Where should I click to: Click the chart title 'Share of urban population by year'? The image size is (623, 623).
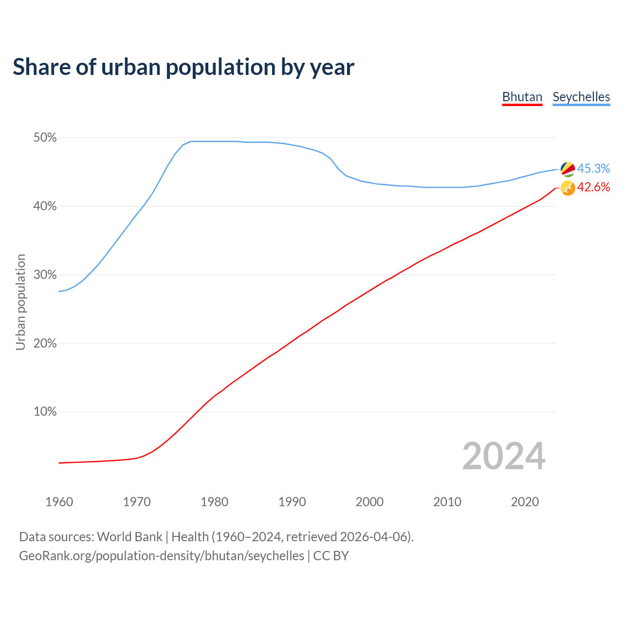point(183,67)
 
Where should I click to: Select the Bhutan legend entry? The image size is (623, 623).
point(522,97)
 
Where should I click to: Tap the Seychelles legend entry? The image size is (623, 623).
point(581,97)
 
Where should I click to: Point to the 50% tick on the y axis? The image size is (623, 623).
point(45,138)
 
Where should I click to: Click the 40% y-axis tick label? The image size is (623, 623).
point(45,206)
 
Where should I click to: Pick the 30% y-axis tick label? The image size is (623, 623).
point(45,275)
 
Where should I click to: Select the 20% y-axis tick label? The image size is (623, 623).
point(45,344)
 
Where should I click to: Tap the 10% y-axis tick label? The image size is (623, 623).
point(45,412)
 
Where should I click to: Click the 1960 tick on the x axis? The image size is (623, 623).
point(59,502)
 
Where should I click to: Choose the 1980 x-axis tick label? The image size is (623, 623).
point(214,502)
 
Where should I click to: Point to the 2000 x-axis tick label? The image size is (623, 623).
point(369,502)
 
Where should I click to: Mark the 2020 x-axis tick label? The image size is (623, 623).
point(525,502)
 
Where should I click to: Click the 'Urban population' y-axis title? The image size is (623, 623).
point(20,302)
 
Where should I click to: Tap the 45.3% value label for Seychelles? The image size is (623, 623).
point(593,168)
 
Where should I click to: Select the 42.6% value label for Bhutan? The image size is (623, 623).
point(593,187)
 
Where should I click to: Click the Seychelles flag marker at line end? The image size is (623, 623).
point(568,169)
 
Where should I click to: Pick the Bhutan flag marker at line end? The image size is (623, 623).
point(568,188)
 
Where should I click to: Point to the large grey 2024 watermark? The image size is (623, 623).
point(504,456)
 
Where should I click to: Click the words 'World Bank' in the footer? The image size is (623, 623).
point(129,537)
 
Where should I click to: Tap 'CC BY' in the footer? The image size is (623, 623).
point(331,556)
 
